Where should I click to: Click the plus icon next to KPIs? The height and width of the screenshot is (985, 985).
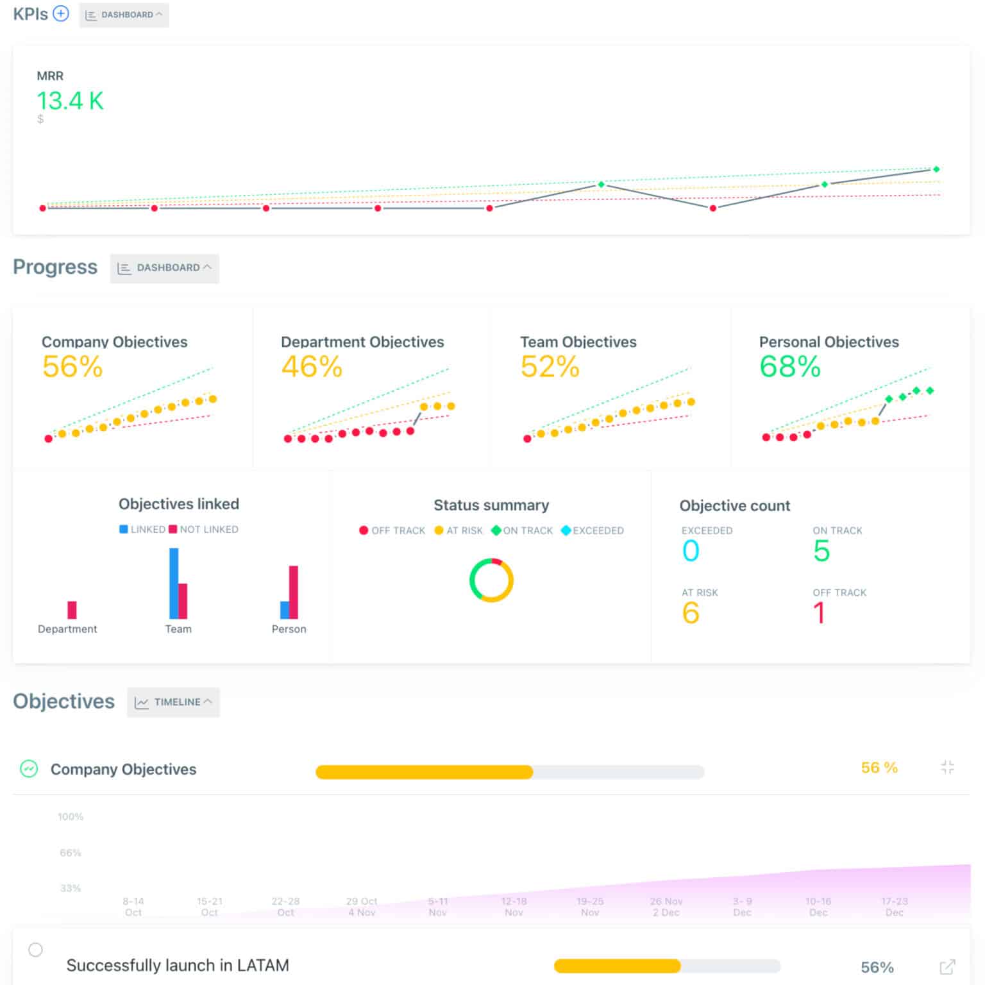pos(61,13)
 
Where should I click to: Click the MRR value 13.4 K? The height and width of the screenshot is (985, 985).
pos(70,101)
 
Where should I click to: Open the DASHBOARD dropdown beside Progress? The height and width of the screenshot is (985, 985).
pos(165,268)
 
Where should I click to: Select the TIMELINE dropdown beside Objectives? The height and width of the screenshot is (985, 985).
pos(174,702)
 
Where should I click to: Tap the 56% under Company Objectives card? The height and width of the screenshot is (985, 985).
pos(72,367)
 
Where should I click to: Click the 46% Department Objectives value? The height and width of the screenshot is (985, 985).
pos(312,367)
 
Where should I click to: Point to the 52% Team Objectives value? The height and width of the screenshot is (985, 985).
pos(550,367)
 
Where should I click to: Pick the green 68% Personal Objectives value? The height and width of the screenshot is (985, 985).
pos(790,367)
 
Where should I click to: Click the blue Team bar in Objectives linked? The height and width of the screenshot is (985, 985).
pos(173,583)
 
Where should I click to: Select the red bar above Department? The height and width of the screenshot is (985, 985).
pos(72,609)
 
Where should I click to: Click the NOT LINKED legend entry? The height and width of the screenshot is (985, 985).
pos(203,530)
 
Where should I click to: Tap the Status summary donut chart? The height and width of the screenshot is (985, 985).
pos(491,580)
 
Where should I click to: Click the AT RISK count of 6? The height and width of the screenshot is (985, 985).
pos(691,613)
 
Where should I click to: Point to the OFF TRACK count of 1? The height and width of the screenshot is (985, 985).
pos(819,613)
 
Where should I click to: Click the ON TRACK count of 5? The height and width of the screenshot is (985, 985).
pos(821,551)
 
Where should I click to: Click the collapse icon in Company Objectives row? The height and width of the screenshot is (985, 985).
pos(948,767)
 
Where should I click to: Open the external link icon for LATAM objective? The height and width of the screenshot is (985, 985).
pos(948,966)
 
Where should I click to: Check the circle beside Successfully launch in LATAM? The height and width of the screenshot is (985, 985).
pos(36,950)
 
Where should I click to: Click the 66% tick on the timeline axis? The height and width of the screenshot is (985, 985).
pos(71,853)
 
